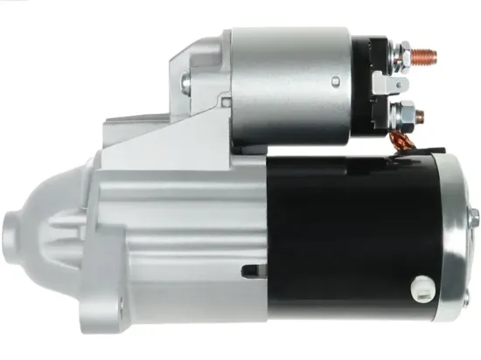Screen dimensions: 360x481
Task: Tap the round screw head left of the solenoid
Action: coord(185,84)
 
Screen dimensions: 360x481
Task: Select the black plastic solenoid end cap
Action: coord(374,87)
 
